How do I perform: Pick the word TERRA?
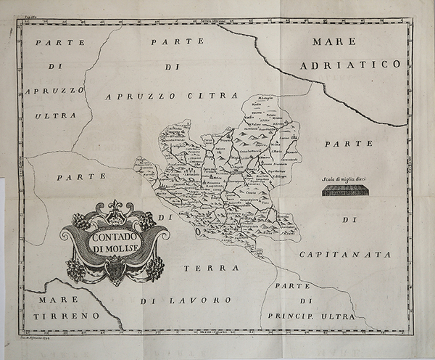point(207,268)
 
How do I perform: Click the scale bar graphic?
point(347,191)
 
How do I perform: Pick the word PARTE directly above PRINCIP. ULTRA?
point(297,285)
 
